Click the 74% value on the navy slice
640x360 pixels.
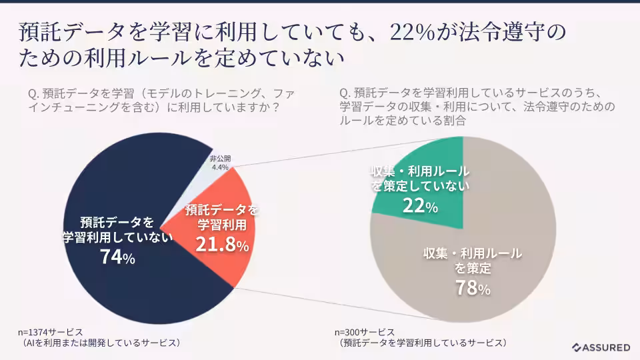pos(117,257)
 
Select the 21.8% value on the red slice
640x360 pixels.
pos(222,245)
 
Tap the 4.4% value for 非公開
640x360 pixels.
pos(220,167)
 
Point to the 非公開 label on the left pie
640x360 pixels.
pos(220,159)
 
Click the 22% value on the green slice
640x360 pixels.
pos(420,207)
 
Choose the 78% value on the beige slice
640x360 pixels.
pos(473,288)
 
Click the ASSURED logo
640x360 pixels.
pos(601,347)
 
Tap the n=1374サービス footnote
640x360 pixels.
pos(50,332)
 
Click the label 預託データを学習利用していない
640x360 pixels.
pos(117,229)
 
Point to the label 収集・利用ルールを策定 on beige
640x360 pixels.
pos(473,261)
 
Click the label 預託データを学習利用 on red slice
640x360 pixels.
pos(222,217)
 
